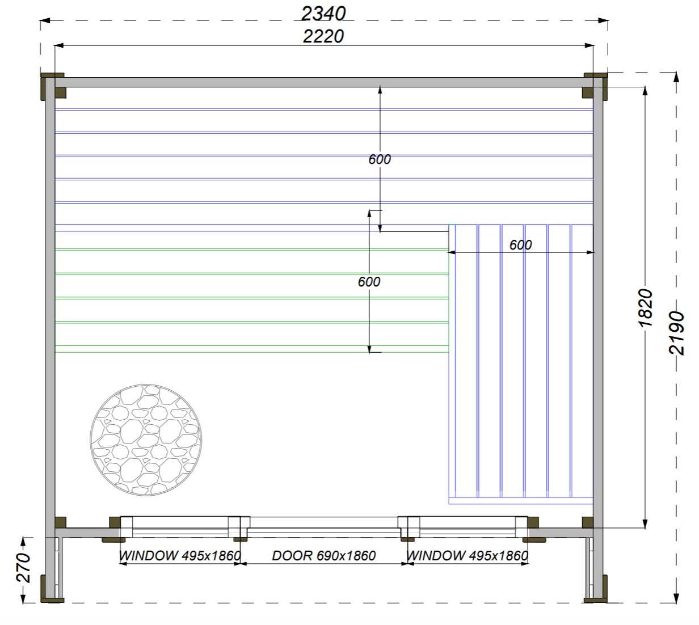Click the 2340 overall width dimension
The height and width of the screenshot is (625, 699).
[323, 14]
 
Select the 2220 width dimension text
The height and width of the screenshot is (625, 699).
[323, 36]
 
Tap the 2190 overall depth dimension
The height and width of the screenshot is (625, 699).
[676, 333]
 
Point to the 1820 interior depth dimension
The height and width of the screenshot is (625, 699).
[645, 308]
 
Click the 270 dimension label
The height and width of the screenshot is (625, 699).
[23, 567]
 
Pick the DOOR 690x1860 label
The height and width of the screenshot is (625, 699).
[323, 556]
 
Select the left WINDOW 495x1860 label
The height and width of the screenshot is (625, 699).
[180, 556]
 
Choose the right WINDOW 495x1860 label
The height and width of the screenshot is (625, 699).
[467, 556]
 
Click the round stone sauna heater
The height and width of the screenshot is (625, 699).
[146, 440]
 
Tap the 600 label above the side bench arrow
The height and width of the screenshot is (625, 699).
[520, 245]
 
